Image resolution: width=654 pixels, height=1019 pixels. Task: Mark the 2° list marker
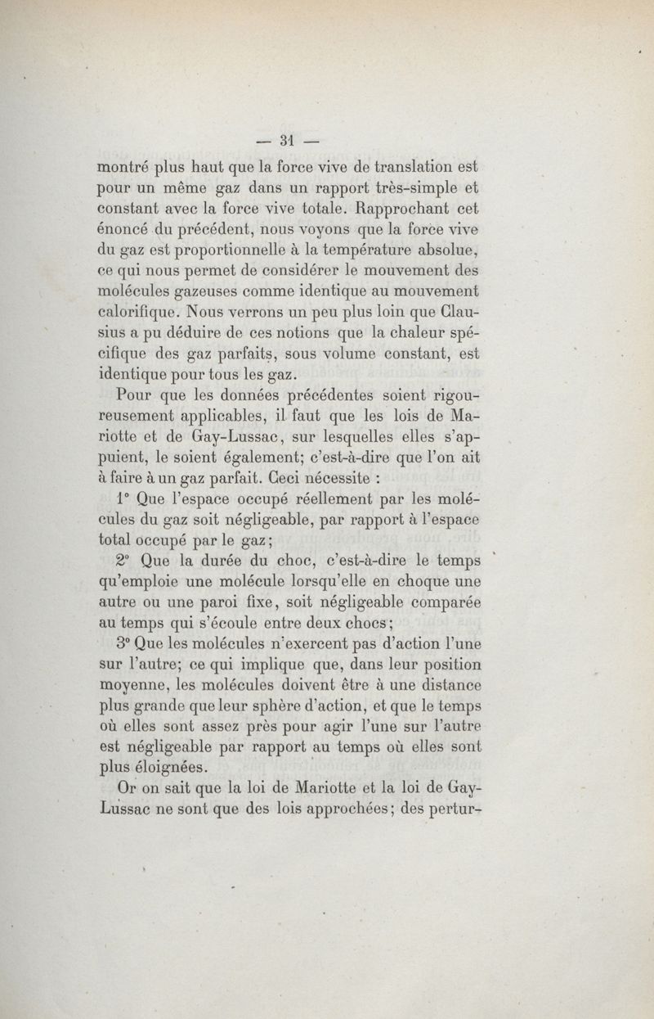[x=124, y=561]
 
